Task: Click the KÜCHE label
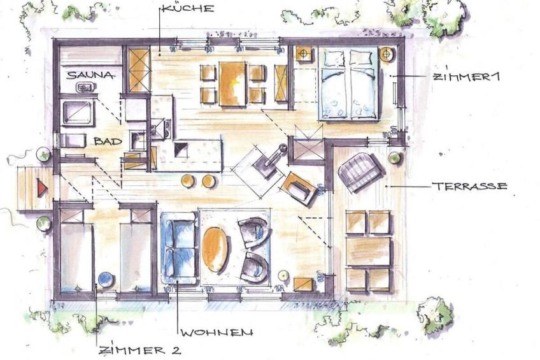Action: pyautogui.click(x=188, y=8)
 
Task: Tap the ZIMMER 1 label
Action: pyautogui.click(x=465, y=77)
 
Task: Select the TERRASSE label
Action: pyautogui.click(x=470, y=187)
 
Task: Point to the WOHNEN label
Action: pyautogui.click(x=217, y=333)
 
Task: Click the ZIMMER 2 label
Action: pyautogui.click(x=139, y=350)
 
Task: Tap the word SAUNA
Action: pyautogui.click(x=90, y=75)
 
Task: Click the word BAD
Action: pyautogui.click(x=108, y=141)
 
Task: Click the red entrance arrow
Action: pyautogui.click(x=42, y=188)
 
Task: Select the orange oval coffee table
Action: pyautogui.click(x=215, y=249)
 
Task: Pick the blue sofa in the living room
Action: pyautogui.click(x=178, y=248)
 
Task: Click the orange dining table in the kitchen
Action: pyautogui.click(x=232, y=83)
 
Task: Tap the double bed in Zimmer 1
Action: pyautogui.click(x=348, y=83)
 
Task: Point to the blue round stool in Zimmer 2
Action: pyautogui.click(x=106, y=280)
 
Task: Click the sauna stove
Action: pyautogui.click(x=84, y=87)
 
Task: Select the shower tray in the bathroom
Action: pyautogui.click(x=78, y=113)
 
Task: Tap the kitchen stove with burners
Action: pyautogui.click(x=160, y=129)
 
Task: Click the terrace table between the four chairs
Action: pyautogui.click(x=369, y=251)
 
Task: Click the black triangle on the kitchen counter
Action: pyautogui.click(x=181, y=149)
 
